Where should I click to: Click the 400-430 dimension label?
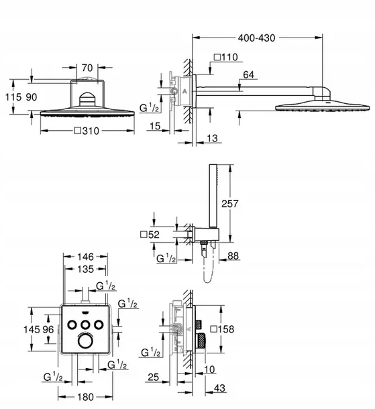tap(256, 38)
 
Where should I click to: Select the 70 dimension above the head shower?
tap(87, 68)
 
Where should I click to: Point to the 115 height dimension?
tap(13, 97)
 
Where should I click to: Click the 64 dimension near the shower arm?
tap(248, 75)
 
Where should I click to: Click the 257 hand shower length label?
tap(229, 203)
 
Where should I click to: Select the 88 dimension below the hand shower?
tap(233, 256)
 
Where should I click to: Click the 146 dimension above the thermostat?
tap(85, 257)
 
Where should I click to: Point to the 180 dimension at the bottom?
tap(85, 397)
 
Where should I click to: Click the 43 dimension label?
tap(219, 388)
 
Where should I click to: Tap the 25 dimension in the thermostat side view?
tap(154, 377)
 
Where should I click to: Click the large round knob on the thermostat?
tap(85, 341)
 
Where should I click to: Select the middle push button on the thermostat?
tap(85, 325)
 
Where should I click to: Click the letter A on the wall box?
tap(184, 91)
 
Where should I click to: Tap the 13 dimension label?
tap(213, 138)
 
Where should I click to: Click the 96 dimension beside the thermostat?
tap(48, 329)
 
